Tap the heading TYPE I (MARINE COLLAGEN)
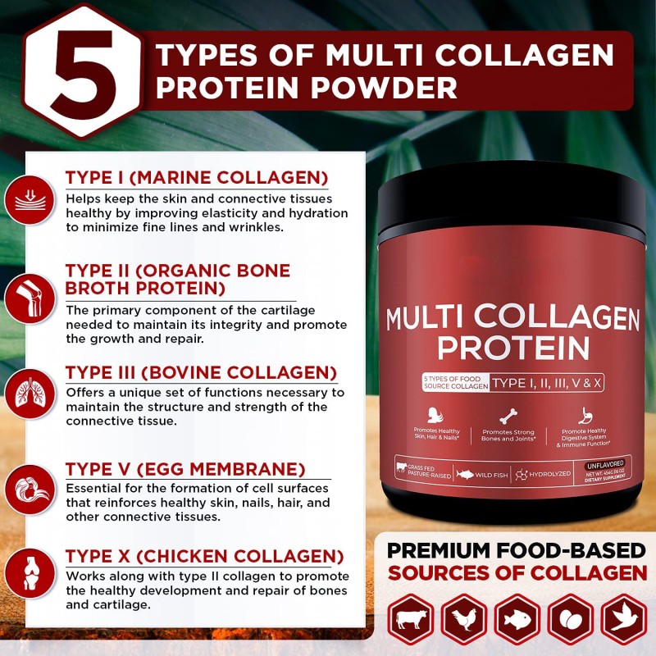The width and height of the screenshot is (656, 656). tap(197, 178)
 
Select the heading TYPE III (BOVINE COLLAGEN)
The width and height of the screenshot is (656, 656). tap(201, 372)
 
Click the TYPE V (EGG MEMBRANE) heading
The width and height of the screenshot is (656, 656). tap(185, 469)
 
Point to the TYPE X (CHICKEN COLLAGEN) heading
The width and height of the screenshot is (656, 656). tap(204, 555)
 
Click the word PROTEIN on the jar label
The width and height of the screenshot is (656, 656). tap(512, 348)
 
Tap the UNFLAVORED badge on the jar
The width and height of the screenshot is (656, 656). tap(605, 464)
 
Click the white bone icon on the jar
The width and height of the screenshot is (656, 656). tap(510, 414)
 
